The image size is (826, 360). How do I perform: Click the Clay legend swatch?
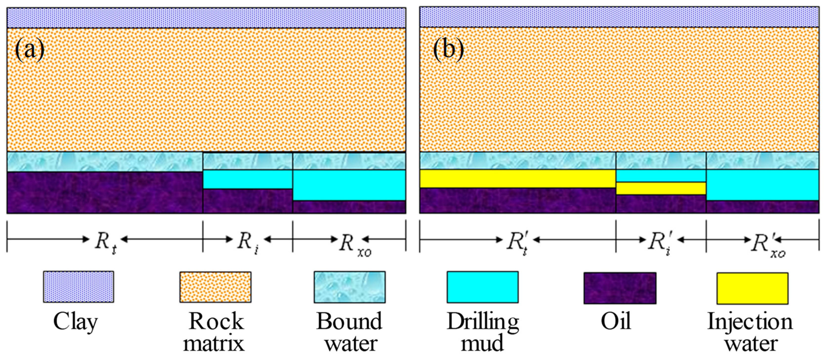(x=79, y=287)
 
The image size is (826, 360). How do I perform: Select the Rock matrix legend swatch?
(x=215, y=287)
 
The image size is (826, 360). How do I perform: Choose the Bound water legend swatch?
(x=350, y=287)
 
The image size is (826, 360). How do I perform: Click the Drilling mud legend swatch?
(x=483, y=287)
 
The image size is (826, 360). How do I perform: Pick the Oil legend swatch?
(x=620, y=288)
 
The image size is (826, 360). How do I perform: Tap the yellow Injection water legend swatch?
(x=753, y=288)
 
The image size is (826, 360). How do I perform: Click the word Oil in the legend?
(x=616, y=321)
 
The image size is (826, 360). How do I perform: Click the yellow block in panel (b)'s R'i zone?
(x=661, y=188)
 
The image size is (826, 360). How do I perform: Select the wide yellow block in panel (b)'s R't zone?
(x=518, y=179)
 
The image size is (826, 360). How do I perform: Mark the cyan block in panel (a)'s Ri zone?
(x=248, y=179)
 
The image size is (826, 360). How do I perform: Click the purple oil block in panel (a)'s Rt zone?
(x=105, y=192)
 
